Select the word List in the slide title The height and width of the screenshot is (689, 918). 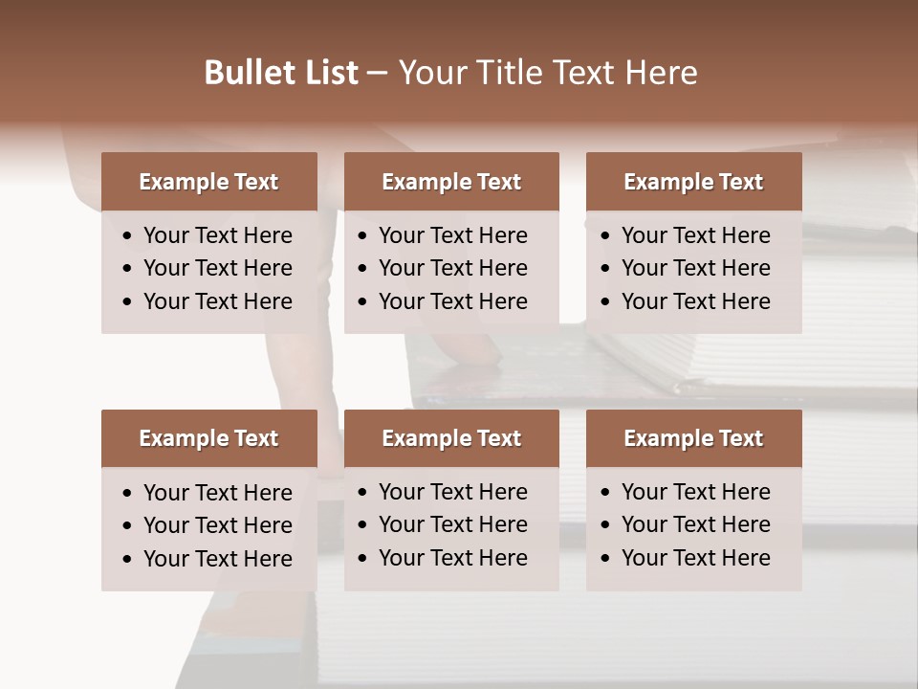point(330,73)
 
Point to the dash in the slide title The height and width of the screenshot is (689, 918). point(378,74)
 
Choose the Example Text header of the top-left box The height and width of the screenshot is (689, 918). point(208,182)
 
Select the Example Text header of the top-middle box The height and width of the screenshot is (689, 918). point(451,182)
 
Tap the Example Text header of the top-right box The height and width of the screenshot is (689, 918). point(693,182)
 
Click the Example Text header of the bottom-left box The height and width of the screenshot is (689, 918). point(208,438)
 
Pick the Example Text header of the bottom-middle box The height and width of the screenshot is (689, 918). point(451,438)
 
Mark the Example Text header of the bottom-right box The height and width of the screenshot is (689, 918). point(693,438)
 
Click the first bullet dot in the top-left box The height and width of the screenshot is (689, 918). point(128,236)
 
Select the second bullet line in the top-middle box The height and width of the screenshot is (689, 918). point(452,268)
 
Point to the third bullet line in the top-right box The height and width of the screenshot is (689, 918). point(695,301)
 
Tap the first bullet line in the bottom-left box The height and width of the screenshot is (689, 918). point(217,493)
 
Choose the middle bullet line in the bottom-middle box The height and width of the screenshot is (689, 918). point(452,524)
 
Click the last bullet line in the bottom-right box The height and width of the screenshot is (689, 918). point(695,558)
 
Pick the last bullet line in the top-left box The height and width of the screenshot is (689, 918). point(217,301)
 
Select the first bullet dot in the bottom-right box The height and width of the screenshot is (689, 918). point(606,493)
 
